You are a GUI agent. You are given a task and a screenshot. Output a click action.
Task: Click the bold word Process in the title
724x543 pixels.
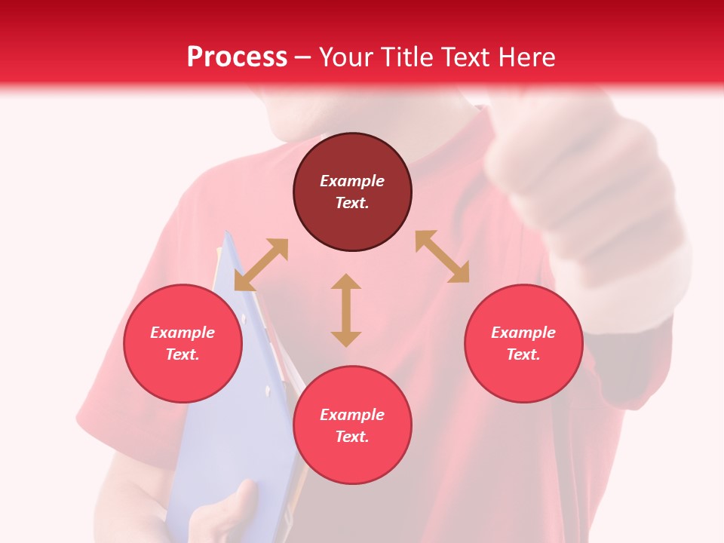coord(237,57)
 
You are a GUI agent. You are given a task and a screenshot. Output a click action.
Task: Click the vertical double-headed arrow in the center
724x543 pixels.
coord(346,310)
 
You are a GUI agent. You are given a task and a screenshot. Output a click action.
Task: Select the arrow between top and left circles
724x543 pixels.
coord(261,265)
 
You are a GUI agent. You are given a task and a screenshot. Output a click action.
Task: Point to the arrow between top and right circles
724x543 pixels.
coord(442,256)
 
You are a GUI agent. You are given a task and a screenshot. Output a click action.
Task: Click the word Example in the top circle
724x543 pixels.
coord(352,181)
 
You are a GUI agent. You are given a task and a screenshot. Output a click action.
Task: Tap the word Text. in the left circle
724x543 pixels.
coord(183,354)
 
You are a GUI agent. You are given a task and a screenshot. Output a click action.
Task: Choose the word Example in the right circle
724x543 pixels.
coord(523,333)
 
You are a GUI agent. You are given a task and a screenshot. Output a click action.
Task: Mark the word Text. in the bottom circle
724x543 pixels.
coord(352,437)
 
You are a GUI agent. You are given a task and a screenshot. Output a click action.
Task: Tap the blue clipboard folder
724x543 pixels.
coord(234,422)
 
